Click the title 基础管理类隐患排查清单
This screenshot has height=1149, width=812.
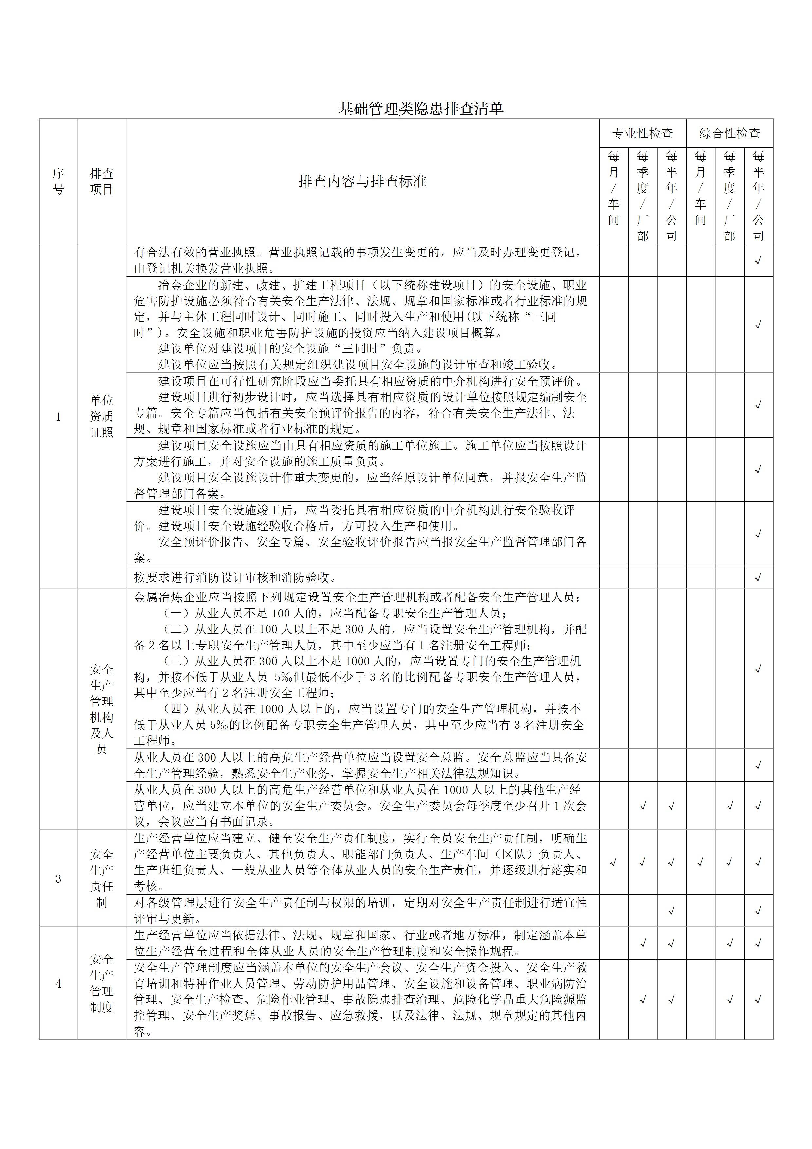coord(420,109)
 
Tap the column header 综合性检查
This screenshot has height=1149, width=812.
coord(729,134)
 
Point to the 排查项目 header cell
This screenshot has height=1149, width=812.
coord(101,181)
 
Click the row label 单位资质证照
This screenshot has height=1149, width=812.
coord(101,416)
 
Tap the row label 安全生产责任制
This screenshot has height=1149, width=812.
coord(101,878)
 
